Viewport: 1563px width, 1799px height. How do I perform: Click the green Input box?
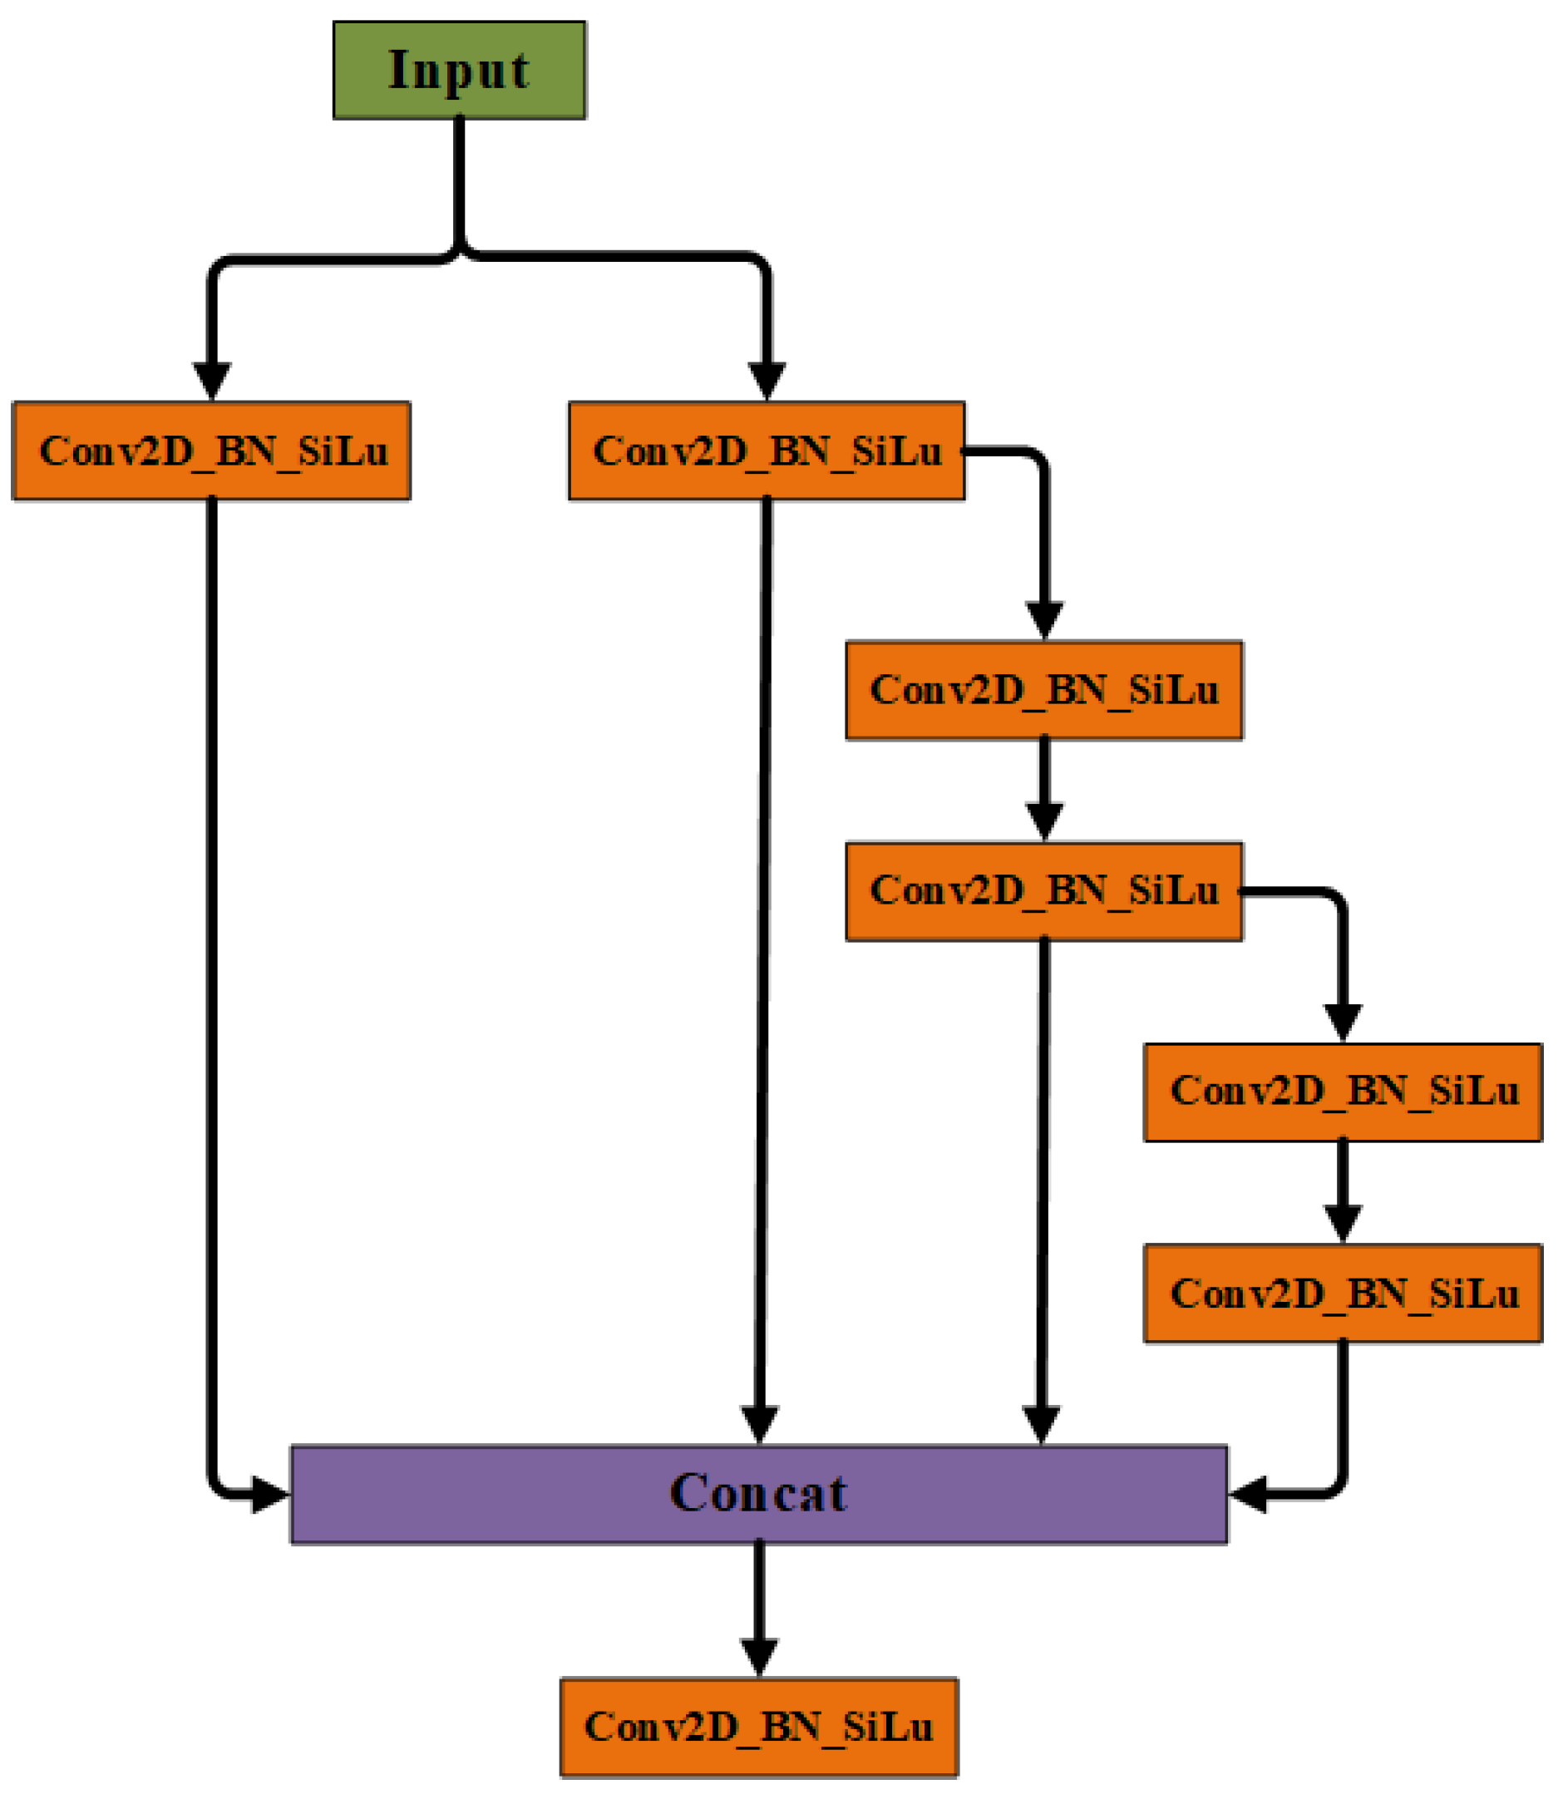(459, 70)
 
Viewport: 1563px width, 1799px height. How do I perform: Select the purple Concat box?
(759, 1494)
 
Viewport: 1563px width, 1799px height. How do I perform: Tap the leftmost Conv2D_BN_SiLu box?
(211, 451)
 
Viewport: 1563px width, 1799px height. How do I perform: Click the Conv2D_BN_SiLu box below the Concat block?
(759, 1727)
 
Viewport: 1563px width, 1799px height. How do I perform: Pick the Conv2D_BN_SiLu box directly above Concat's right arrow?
(1343, 1294)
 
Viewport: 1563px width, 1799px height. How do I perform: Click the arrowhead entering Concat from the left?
(269, 1495)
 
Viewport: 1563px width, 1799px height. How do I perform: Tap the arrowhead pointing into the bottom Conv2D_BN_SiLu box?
(759, 1654)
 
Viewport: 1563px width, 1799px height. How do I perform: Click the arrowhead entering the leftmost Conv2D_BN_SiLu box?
(211, 380)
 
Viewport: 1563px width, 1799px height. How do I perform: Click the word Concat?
(759, 1494)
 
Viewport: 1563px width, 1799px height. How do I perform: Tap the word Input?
(459, 70)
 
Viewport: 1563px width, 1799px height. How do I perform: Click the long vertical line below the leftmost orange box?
(211, 959)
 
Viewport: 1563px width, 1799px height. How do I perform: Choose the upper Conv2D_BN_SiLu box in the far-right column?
(1343, 1092)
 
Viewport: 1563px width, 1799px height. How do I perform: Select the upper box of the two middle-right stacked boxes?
(1044, 690)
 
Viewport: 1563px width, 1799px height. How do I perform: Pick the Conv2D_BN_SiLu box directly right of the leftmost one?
(767, 451)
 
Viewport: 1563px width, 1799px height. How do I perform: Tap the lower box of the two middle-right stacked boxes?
(1044, 890)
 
